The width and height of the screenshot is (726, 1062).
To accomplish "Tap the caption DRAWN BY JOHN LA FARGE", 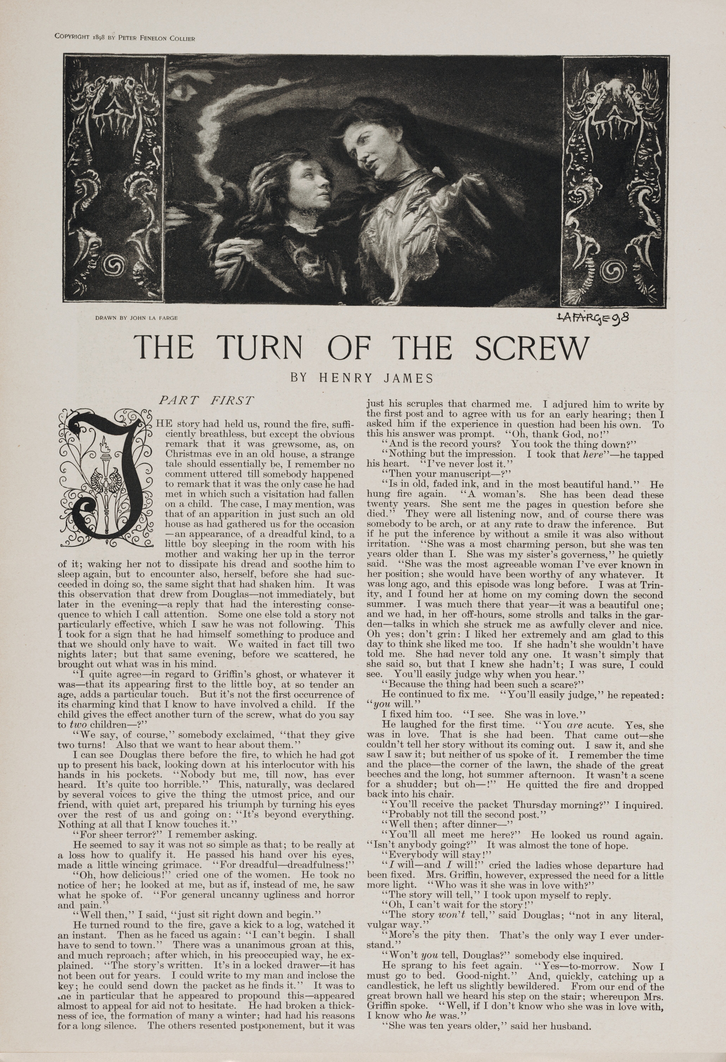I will [136, 318].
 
